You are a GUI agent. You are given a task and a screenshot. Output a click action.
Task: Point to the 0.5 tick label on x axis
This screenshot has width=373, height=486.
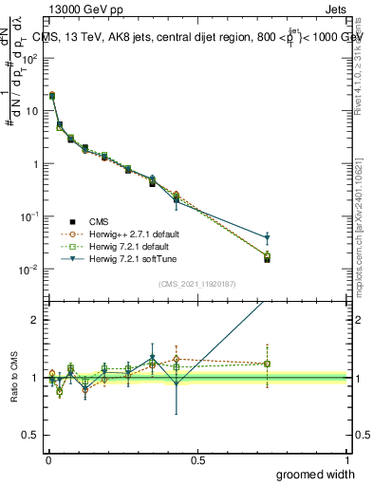pyautogui.click(x=197, y=459)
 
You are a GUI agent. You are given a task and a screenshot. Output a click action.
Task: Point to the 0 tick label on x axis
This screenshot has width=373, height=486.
pyautogui.click(x=48, y=459)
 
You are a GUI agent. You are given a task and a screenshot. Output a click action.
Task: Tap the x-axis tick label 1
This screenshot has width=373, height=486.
pyautogui.click(x=347, y=459)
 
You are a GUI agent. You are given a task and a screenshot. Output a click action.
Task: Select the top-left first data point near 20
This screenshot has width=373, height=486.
pyautogui.click(x=51, y=96)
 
